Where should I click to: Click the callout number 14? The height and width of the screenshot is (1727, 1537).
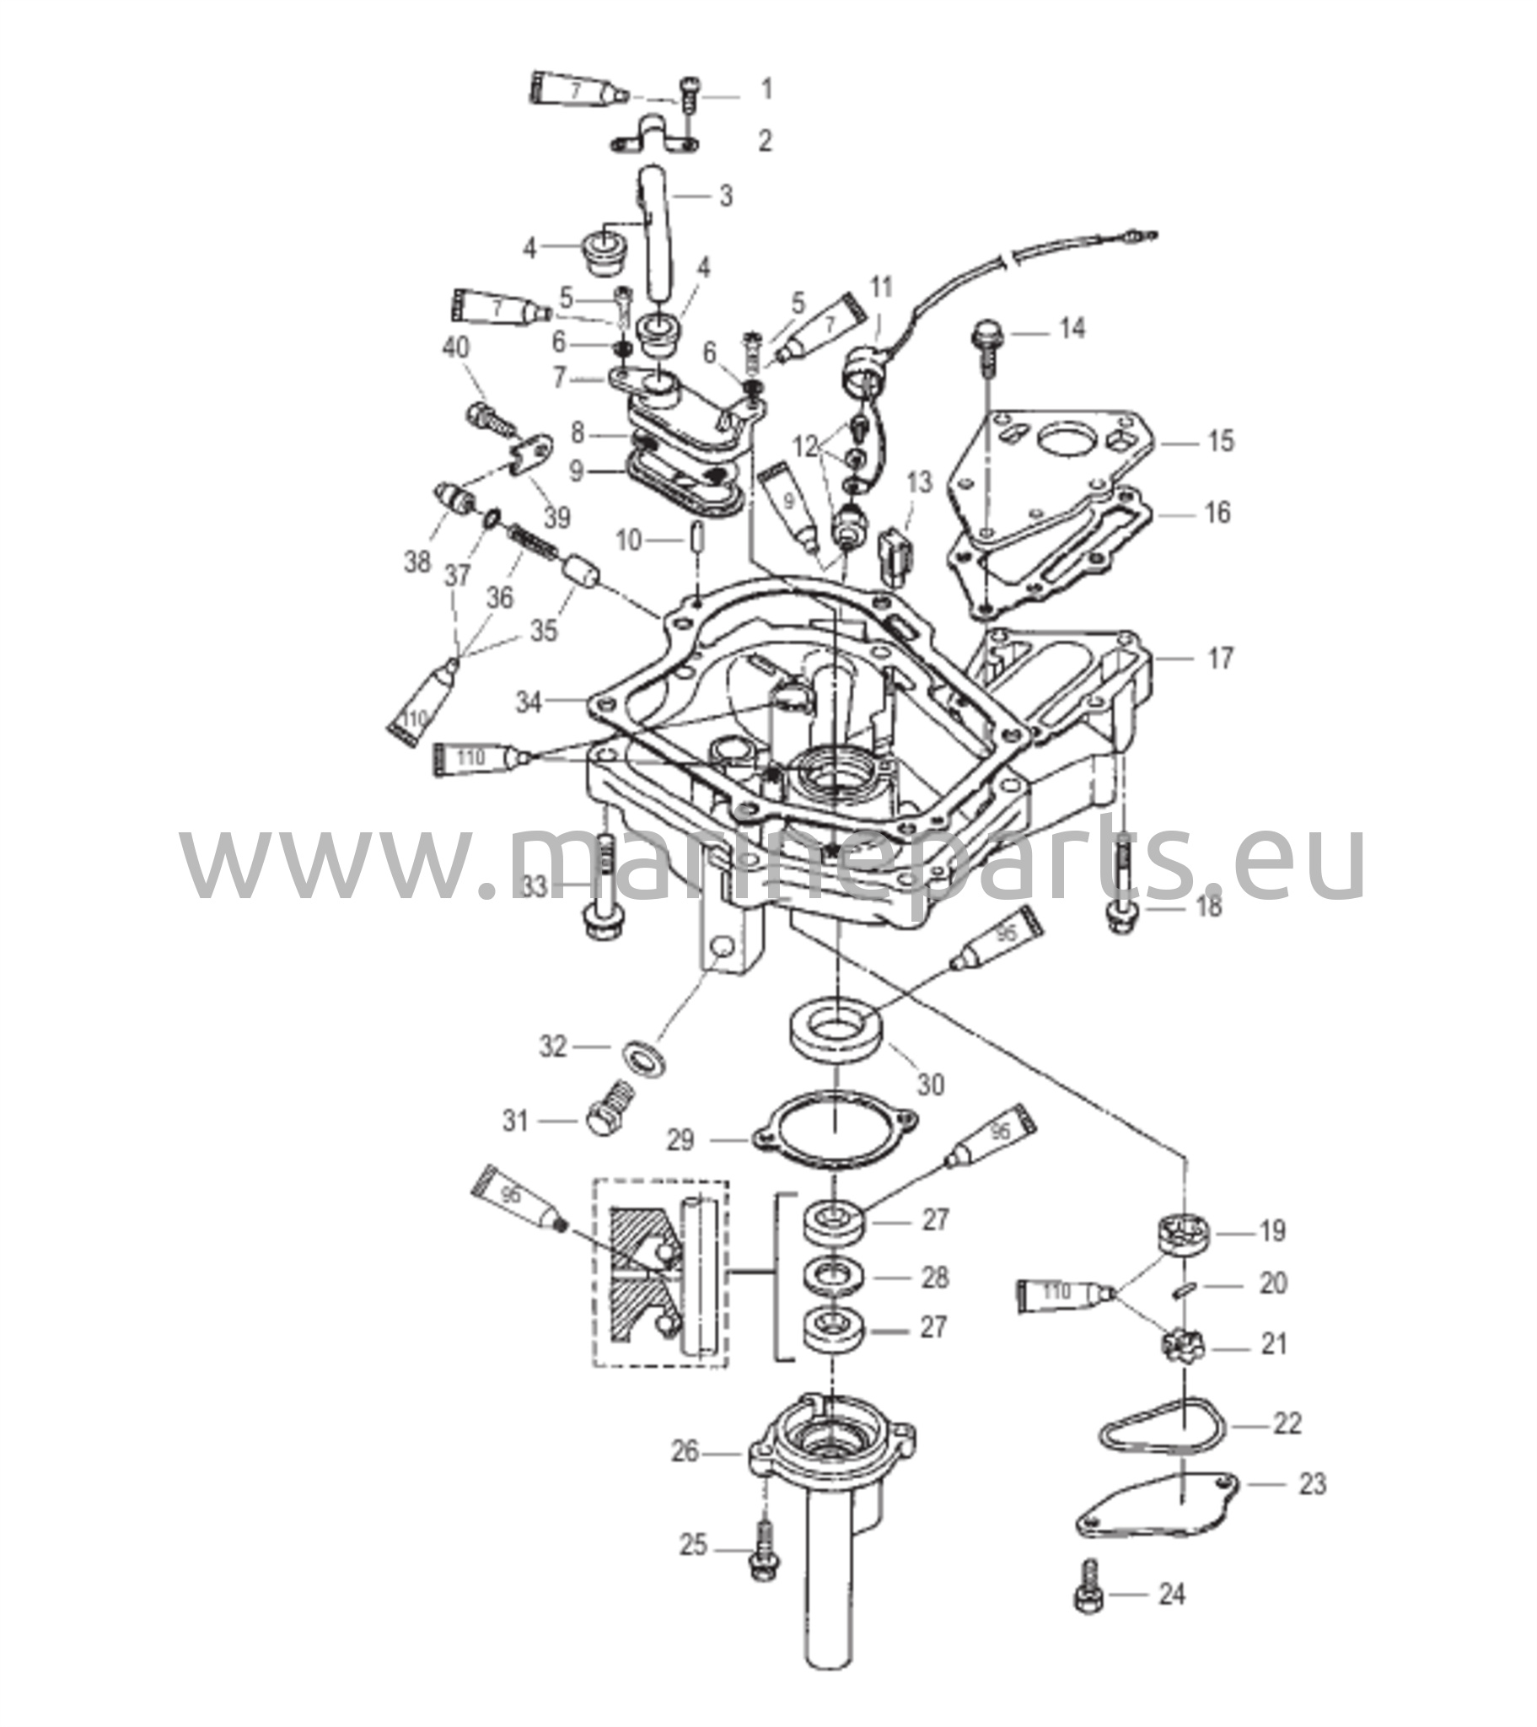pyautogui.click(x=1072, y=329)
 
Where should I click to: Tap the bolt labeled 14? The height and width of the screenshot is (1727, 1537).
pyautogui.click(x=986, y=348)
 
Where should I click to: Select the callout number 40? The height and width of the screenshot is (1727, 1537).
pyautogui.click(x=457, y=347)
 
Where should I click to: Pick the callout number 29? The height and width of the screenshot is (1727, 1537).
pyautogui.click(x=680, y=1141)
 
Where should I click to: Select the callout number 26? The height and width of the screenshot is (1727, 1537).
pyautogui.click(x=685, y=1452)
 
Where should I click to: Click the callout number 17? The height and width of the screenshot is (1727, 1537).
pyautogui.click(x=1220, y=659)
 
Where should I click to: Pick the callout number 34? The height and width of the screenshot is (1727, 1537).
pyautogui.click(x=529, y=702)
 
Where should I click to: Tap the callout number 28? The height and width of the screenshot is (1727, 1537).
pyautogui.click(x=934, y=1277)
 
